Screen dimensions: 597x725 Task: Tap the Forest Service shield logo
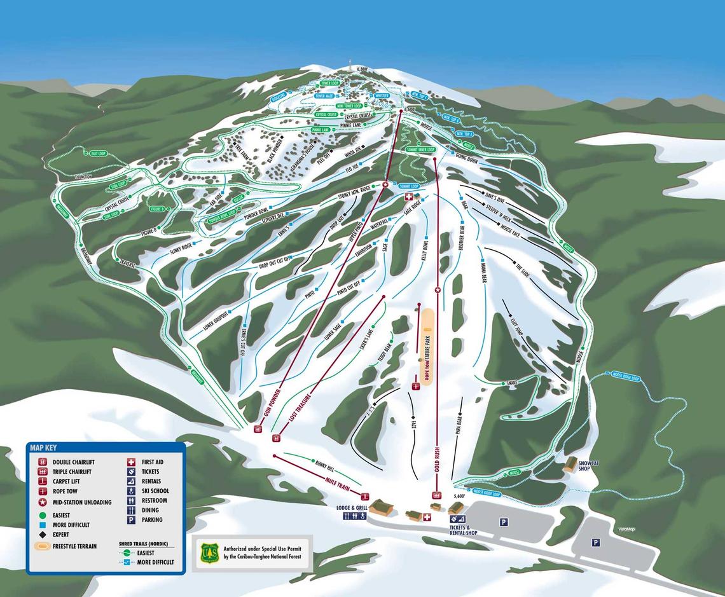(210, 552)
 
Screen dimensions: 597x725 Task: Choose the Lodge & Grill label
(353, 507)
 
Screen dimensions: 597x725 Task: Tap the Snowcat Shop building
(570, 464)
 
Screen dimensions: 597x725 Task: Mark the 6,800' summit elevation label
(363, 69)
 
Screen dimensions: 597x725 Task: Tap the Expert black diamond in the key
(42, 535)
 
